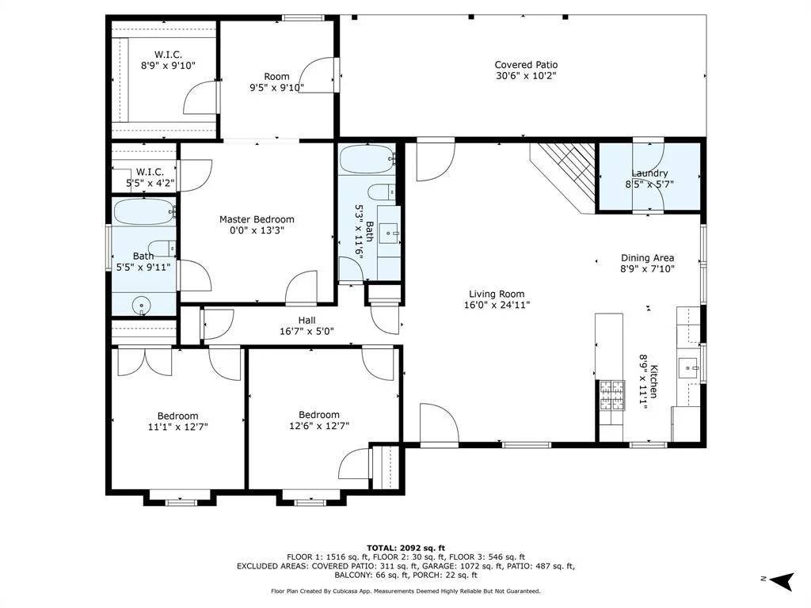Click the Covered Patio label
click(x=526, y=65)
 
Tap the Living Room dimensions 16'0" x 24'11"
click(x=497, y=305)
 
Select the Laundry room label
click(x=649, y=173)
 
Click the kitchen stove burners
click(x=612, y=396)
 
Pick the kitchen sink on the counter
click(x=688, y=368)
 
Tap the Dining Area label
click(x=647, y=258)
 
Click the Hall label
click(x=307, y=321)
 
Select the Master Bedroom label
click(x=257, y=219)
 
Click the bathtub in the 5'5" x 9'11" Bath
click(x=144, y=211)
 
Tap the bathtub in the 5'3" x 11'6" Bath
click(x=367, y=159)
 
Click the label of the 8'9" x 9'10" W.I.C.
click(x=168, y=55)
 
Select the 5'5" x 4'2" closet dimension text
click(x=150, y=183)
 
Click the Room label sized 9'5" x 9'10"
click(x=276, y=77)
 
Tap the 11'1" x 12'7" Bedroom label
click(x=178, y=416)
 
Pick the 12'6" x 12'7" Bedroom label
click(x=319, y=415)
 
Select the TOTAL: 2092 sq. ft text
click(x=405, y=548)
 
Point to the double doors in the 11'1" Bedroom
click(x=145, y=363)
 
